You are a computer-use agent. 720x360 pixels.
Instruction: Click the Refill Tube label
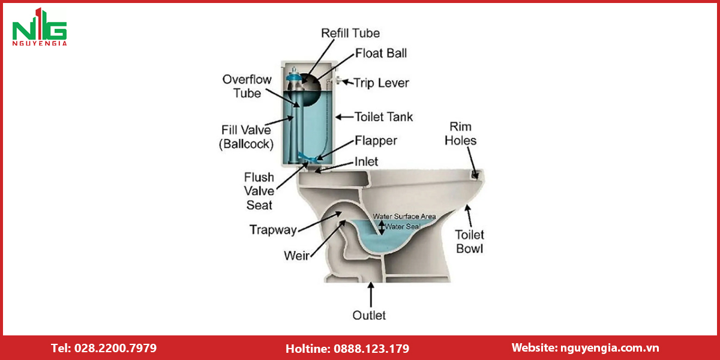coord(350,33)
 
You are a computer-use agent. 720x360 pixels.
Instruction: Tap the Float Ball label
coord(381,53)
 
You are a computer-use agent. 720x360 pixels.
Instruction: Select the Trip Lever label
coord(381,83)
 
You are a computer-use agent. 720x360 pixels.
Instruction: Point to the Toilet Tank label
coord(383,116)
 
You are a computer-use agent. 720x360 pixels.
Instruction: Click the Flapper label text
coord(376,141)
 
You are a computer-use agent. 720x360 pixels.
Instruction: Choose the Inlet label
coord(366,161)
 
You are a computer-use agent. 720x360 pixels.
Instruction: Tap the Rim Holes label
coord(461,133)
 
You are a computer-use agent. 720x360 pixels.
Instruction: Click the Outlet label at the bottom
coord(369,316)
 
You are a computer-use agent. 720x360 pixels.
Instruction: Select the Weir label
coord(296,256)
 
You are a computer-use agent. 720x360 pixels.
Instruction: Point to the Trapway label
coord(273,230)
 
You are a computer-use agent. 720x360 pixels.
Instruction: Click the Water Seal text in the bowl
coord(403,227)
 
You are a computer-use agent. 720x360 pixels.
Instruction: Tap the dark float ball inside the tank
coord(308,90)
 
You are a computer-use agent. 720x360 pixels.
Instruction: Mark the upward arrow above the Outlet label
coord(371,295)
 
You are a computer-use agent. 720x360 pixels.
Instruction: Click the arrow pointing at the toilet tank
coord(344,117)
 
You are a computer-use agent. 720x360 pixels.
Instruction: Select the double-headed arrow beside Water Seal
coord(381,227)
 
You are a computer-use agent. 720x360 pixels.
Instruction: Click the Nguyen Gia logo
coord(40,27)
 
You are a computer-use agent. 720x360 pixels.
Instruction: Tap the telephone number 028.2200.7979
coord(115,348)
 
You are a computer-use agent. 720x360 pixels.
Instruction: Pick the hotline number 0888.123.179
coord(371,349)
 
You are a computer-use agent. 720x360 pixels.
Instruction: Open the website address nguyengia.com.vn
coord(610,348)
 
